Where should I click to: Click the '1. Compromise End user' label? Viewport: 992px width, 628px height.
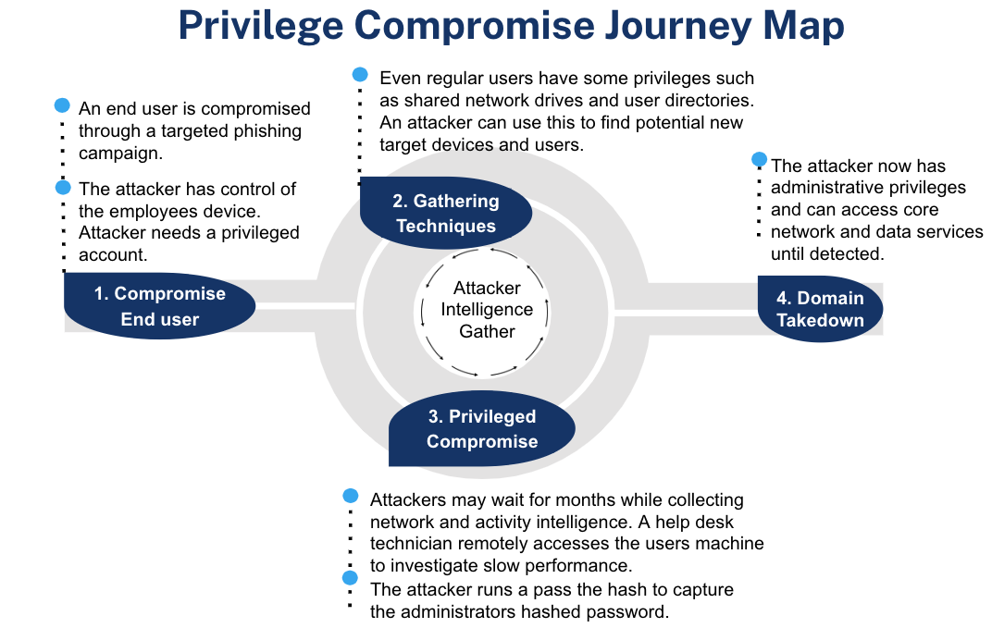pos(160,306)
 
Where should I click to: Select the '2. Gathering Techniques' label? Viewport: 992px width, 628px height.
pos(446,214)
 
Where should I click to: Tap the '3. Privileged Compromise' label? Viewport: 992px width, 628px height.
pos(481,429)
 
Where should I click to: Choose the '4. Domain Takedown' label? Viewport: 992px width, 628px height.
pos(820,309)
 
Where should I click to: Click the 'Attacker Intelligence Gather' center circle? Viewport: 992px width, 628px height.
pos(487,310)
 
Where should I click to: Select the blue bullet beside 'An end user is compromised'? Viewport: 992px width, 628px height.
pos(63,105)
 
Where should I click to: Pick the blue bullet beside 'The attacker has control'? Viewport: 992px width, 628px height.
pos(63,187)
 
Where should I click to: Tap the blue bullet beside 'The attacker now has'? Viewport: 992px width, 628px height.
pos(760,159)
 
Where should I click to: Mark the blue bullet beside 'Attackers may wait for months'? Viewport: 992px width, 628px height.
pos(351,496)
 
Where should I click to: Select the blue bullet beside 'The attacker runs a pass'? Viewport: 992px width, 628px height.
pos(351,578)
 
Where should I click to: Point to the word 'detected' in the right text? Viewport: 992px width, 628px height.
pos(856,252)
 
